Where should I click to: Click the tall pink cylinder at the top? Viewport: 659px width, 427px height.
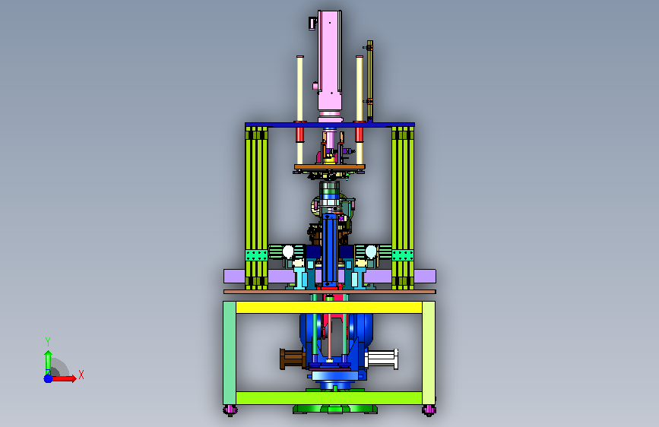coord(330,63)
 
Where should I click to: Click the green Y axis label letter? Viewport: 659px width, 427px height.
coord(48,341)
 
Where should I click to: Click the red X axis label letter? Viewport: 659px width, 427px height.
coord(81,375)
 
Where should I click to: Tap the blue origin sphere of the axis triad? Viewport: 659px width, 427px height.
coord(49,378)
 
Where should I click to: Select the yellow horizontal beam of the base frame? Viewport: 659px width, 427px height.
coord(329,308)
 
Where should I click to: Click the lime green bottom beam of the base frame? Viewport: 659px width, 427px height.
coord(329,398)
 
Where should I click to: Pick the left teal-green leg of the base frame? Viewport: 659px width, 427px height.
coord(230,353)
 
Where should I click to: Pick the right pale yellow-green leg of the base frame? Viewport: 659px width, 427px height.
coord(428,353)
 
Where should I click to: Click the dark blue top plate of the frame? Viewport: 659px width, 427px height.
coord(330,125)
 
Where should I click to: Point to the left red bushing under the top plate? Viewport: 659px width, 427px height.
coord(299,135)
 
